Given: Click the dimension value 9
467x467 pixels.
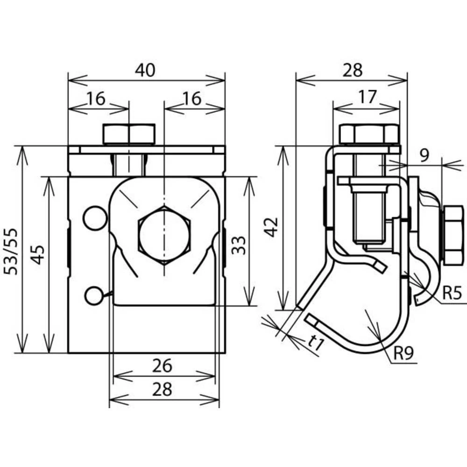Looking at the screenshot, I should pyautogui.click(x=424, y=154).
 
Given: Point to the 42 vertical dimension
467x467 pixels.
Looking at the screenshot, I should pyautogui.click(x=273, y=227).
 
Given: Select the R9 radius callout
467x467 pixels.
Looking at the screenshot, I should pyautogui.click(x=403, y=354).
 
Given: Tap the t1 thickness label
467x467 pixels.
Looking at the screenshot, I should pyautogui.click(x=316, y=345).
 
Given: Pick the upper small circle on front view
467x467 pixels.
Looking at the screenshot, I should pyautogui.click(x=95, y=218).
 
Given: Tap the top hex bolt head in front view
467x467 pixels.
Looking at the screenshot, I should pyautogui.click(x=129, y=134).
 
